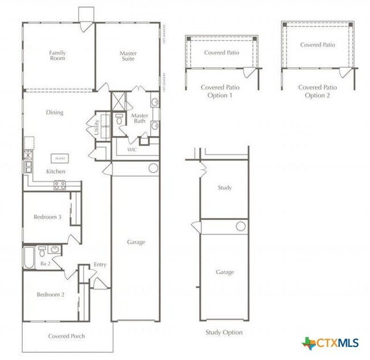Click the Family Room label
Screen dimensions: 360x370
[57, 55]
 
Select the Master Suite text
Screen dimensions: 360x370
[128, 56]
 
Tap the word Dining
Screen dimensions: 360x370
[55, 112]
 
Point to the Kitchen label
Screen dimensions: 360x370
[55, 171]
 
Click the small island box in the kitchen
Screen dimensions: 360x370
[60, 158]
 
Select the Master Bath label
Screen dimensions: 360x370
[139, 118]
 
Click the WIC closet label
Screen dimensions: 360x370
[132, 150]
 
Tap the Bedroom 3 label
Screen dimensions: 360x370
[47, 217]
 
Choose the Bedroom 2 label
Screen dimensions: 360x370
[50, 294]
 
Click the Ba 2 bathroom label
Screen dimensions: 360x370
[46, 264]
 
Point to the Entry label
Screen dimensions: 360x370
[100, 264]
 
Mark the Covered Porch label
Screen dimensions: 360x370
[66, 336]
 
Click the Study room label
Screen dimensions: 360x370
[225, 187]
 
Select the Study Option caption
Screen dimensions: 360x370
[224, 332]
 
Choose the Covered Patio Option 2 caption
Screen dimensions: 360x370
[318, 91]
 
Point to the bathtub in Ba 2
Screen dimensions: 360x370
[28, 257]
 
